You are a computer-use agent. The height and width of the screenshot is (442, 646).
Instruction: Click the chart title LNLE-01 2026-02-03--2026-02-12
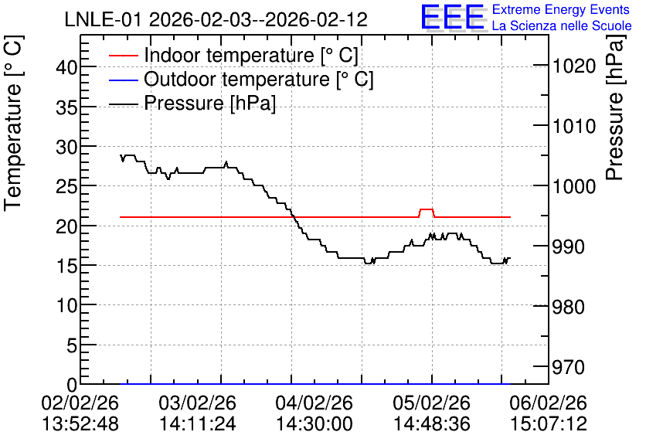[x=216, y=19]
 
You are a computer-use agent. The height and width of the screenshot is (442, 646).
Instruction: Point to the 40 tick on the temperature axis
[x=66, y=67]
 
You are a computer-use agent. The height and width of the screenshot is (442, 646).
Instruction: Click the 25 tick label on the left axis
[x=66, y=186]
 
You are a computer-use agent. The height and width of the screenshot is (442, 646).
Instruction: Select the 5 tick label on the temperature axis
[x=72, y=345]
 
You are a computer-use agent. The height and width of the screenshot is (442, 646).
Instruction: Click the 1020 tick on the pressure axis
[x=574, y=66]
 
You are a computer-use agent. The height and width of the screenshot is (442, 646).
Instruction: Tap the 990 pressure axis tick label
[x=569, y=246]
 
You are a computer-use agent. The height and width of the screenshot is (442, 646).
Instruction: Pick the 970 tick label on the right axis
[x=569, y=367]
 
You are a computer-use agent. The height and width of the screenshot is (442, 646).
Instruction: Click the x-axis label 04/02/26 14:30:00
[x=314, y=413]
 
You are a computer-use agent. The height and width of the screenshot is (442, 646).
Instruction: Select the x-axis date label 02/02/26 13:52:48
[x=80, y=413]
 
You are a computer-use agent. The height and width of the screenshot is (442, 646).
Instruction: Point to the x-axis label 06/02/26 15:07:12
[x=549, y=413]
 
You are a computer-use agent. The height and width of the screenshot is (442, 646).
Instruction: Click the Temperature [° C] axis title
[x=13, y=123]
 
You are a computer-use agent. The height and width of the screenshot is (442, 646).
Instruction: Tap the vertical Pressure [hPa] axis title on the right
[x=615, y=107]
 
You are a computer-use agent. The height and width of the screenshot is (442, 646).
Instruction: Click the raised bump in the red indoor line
[x=427, y=209]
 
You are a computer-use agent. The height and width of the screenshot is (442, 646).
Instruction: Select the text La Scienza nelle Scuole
[x=562, y=25]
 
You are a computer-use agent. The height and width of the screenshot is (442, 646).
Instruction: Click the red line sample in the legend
[x=123, y=55]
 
